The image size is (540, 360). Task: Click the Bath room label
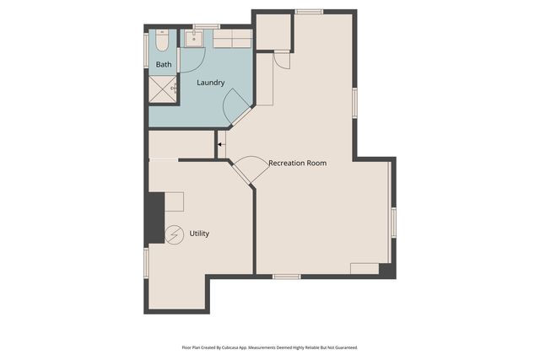click(164, 64)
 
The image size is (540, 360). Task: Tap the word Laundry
click(211, 83)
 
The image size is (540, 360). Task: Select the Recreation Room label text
click(297, 163)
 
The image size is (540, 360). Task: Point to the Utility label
click(199, 234)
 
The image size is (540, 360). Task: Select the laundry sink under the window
click(196, 37)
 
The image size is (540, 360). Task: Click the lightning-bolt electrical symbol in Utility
click(175, 234)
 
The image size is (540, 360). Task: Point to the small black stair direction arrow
click(219, 145)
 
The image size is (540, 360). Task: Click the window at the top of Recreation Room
click(309, 12)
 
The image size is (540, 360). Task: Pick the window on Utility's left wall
click(146, 261)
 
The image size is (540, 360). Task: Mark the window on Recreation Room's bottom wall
click(287, 277)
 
